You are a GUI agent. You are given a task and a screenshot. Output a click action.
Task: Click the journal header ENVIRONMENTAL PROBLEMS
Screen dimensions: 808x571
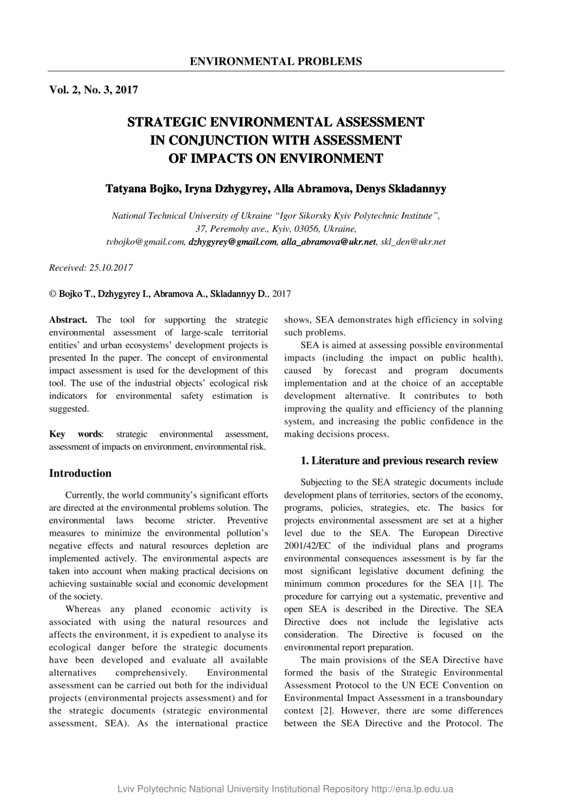click(276, 62)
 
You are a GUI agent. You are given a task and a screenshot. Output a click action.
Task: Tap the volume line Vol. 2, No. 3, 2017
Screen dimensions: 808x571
click(93, 90)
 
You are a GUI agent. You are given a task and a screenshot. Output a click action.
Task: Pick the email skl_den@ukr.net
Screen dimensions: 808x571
click(413, 242)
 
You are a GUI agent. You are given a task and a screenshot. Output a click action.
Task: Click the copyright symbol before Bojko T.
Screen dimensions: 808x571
click(53, 294)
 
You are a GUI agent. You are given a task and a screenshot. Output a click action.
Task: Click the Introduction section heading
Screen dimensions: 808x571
click(80, 473)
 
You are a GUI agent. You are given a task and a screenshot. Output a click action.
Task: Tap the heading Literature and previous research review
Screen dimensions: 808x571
click(399, 461)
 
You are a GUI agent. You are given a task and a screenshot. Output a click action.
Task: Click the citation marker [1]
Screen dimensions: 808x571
click(496, 583)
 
